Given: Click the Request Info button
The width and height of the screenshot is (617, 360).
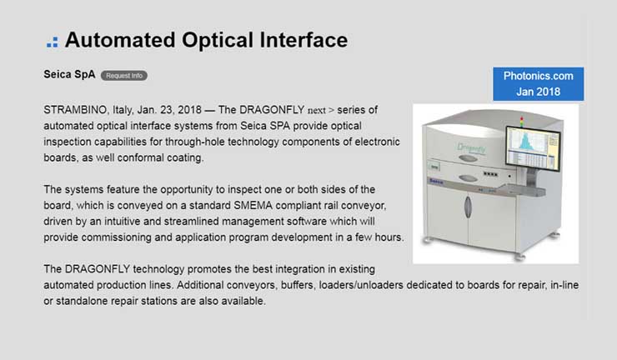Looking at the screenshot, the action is click(x=124, y=76).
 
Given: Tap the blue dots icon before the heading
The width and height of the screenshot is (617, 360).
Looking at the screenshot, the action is click(x=53, y=42).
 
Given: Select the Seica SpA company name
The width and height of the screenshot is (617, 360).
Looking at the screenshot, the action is click(x=69, y=74).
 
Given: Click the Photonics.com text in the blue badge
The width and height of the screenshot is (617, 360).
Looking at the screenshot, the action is click(x=539, y=76).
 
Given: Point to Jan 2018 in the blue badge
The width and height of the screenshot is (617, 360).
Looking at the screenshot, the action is click(x=539, y=92).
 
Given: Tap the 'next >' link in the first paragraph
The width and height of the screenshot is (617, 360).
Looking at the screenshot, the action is click(x=321, y=110).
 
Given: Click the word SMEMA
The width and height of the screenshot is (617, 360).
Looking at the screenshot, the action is click(x=253, y=205).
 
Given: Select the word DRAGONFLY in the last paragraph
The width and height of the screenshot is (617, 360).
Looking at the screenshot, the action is click(x=98, y=269).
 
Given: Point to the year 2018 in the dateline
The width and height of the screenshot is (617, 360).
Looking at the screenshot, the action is click(x=189, y=110).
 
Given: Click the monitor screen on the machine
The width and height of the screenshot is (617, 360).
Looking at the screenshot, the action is click(x=533, y=148).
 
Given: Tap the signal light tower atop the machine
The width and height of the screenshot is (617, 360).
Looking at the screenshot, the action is click(x=522, y=122).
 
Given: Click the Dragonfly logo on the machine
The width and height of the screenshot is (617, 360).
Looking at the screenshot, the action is click(x=471, y=148).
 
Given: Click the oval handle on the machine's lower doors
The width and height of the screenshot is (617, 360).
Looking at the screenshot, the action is click(x=468, y=207).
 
